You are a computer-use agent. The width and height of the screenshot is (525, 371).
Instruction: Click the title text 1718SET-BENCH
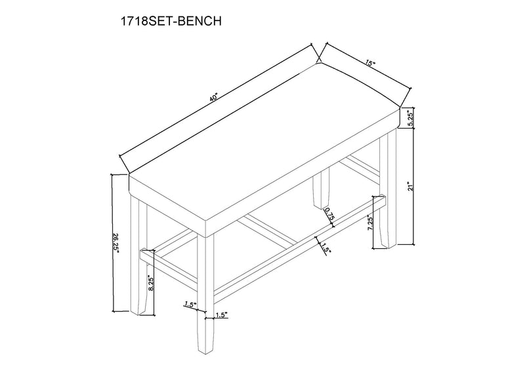(169, 22)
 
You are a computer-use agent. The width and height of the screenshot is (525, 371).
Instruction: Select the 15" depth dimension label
(371, 64)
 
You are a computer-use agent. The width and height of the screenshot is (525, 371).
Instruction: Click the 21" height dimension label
(409, 186)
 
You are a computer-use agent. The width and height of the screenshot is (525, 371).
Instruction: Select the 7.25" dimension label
(371, 225)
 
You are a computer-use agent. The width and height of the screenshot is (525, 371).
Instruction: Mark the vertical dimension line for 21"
(414, 186)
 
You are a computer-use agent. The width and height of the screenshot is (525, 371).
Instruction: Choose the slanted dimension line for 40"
(217, 102)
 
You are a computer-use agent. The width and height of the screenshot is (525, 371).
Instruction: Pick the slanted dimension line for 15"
(366, 68)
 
